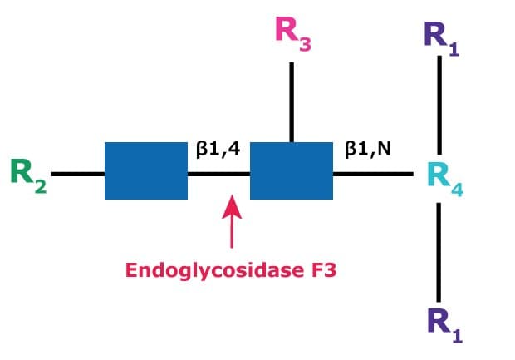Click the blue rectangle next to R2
pos(145,170)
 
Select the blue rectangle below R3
pos(291,170)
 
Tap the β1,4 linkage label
pos(218,151)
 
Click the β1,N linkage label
pos(367,151)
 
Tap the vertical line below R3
pos(292,101)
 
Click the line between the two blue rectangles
pos(218,174)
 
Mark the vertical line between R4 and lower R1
pos(439,249)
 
